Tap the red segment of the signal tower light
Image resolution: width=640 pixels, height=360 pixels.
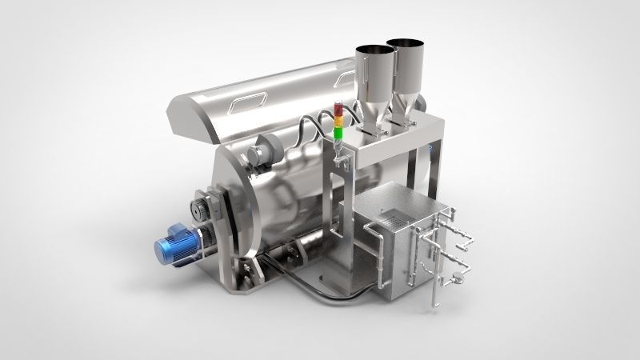tap(338, 108)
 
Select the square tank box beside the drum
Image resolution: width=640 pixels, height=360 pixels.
tap(384, 248)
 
